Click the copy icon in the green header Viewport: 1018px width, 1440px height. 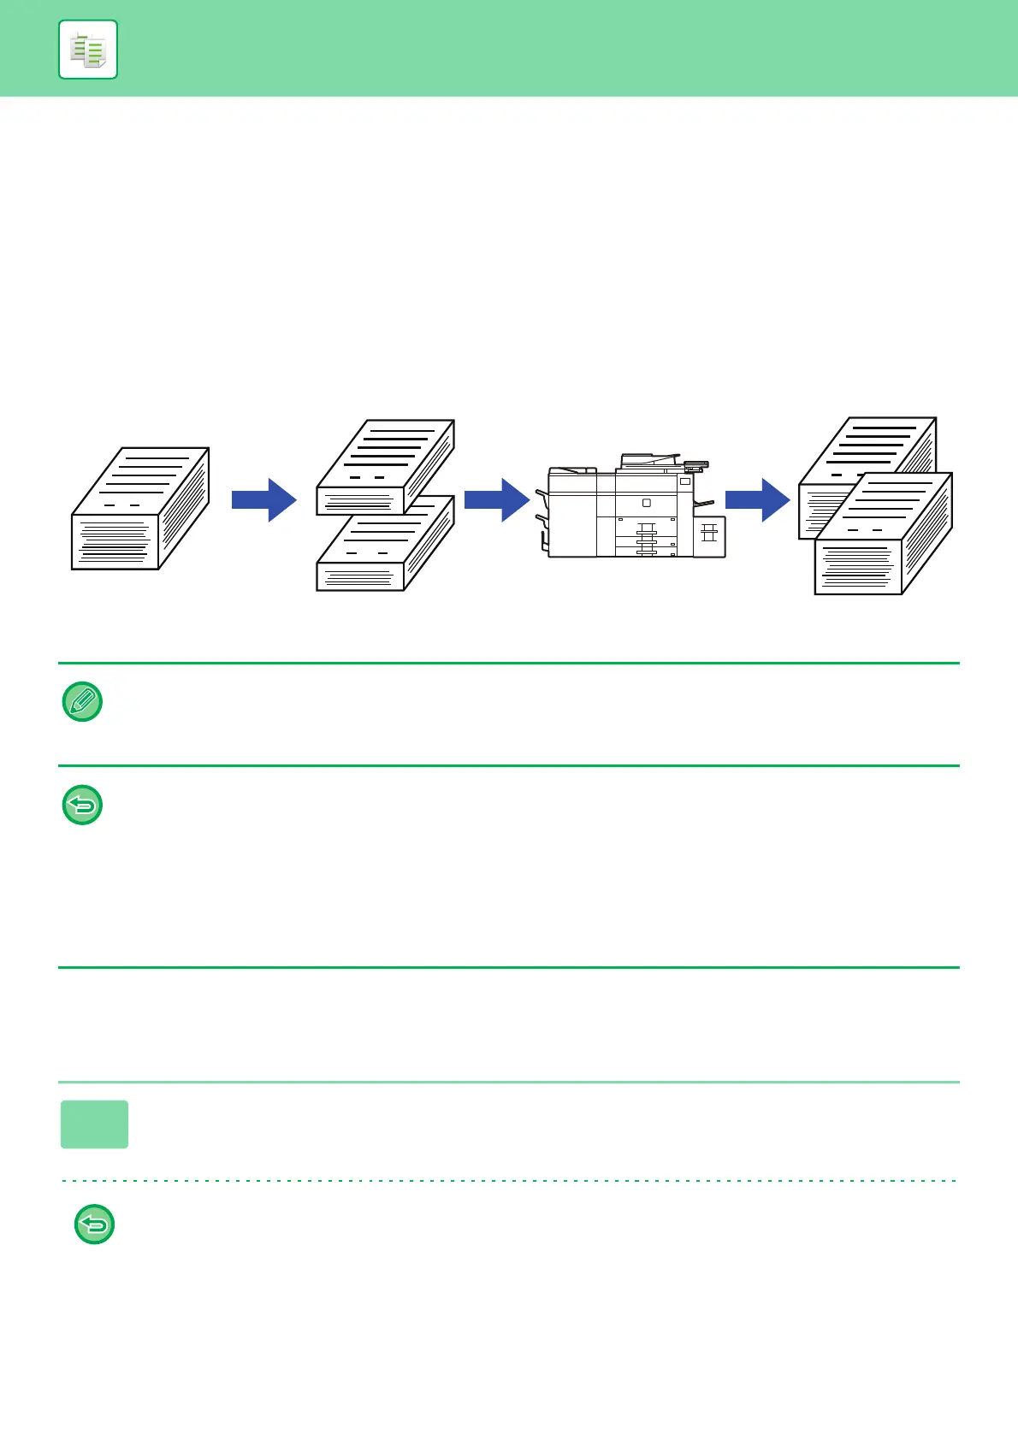[x=88, y=50]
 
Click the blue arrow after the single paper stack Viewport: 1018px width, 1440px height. [x=263, y=499]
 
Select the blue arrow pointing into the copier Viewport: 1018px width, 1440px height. [x=497, y=499]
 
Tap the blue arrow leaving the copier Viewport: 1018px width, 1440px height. [x=757, y=499]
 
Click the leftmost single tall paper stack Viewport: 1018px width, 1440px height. [x=140, y=509]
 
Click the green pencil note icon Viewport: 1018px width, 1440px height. [x=83, y=702]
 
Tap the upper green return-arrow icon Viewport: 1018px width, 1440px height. [x=83, y=805]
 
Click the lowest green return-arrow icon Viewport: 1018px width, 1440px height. [x=95, y=1225]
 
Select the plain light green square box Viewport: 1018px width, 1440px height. [x=95, y=1124]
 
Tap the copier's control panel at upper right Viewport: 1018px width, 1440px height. [x=695, y=466]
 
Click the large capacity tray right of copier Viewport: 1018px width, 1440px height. [x=709, y=536]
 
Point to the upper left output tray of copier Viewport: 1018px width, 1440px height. [x=541, y=494]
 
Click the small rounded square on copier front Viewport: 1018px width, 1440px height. [x=647, y=503]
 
